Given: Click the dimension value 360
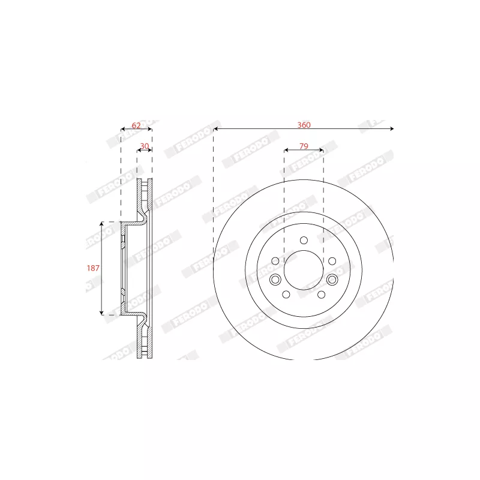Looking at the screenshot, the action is [304, 125].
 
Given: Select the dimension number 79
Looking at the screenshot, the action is [304, 146].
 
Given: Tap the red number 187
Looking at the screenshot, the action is [93, 268].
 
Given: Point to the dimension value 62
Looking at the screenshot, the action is [136, 125].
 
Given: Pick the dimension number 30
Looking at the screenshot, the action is [145, 146].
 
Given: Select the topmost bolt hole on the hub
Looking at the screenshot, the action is [304, 241].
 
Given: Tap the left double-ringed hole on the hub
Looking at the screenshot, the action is [275, 280].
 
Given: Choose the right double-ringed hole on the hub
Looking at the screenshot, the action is [332, 280].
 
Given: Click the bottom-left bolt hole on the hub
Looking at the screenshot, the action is [286, 295].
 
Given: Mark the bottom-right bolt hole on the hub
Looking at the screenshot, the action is [321, 295].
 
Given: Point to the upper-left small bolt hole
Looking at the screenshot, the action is [275, 261].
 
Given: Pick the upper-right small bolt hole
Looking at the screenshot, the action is [332, 261].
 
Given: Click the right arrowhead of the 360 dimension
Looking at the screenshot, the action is [392, 129].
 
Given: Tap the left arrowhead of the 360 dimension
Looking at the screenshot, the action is [215, 129].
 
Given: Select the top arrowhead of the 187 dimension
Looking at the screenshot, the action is [101, 224].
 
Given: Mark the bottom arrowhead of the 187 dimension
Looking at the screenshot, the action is [101, 313].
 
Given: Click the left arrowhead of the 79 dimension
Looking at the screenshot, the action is [286, 150].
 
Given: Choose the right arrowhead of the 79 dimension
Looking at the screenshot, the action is [322, 150].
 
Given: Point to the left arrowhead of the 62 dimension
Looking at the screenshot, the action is [123, 129].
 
